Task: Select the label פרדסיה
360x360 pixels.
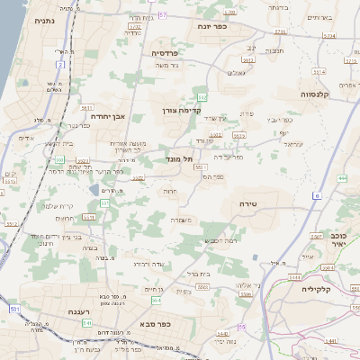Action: pos(164,53)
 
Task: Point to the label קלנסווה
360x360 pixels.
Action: pos(319,93)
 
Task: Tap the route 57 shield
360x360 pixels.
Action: pos(162,15)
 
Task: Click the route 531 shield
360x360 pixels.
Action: pos(15,309)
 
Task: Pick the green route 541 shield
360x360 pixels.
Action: pos(87,321)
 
